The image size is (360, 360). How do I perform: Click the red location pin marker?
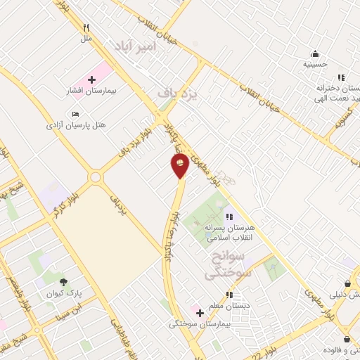[180, 165]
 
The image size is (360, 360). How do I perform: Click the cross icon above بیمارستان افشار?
[91, 80]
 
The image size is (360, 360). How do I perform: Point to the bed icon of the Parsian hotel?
[76, 113]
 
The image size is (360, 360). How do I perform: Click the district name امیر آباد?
[130, 45]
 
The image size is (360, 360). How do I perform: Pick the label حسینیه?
[315, 64]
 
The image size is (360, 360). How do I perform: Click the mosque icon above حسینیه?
[315, 53]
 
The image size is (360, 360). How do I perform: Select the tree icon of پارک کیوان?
[63, 281]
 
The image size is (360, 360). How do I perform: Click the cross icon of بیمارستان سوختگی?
[200, 311]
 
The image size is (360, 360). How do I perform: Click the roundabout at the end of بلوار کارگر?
[95, 176]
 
